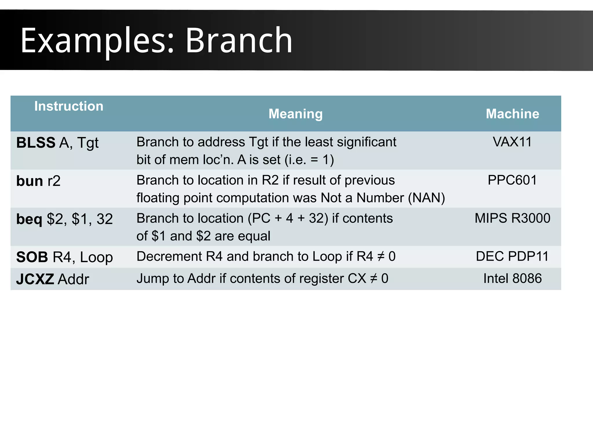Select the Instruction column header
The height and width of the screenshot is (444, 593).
click(69, 106)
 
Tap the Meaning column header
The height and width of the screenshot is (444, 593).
click(295, 114)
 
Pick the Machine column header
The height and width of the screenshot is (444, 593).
click(512, 114)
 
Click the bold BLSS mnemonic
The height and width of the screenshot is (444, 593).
click(36, 143)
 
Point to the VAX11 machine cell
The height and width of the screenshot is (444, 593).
click(512, 142)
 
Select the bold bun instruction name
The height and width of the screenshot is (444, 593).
click(30, 181)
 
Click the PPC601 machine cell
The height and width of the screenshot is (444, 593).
click(512, 180)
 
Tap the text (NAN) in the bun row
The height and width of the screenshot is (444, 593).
click(426, 198)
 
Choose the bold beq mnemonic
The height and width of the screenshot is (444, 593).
click(29, 219)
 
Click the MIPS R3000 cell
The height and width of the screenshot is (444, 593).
click(512, 218)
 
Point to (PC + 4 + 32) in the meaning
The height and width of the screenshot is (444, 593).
click(288, 218)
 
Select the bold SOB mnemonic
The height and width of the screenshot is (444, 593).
click(32, 257)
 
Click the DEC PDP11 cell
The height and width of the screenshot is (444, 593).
click(512, 256)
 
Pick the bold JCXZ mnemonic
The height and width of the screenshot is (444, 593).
click(35, 279)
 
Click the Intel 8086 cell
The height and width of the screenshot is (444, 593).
click(512, 279)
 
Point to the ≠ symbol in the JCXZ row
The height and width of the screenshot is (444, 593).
click(374, 279)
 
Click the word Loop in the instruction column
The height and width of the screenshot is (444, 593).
click(96, 257)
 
